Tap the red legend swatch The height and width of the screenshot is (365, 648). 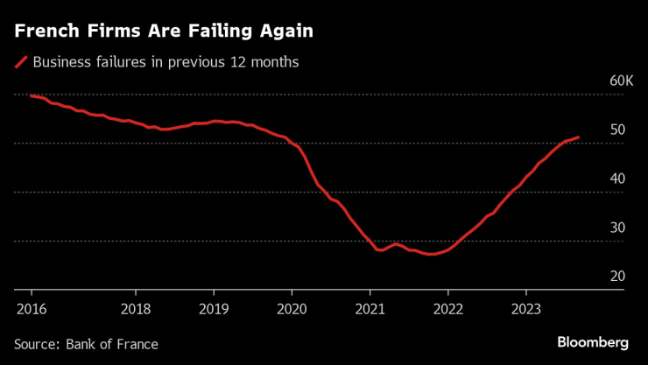(x=21, y=62)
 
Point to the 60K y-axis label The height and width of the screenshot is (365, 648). (x=621, y=81)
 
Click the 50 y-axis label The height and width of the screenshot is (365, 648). (x=617, y=130)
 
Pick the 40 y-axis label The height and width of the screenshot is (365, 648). (x=617, y=179)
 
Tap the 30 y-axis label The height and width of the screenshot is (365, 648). (x=617, y=228)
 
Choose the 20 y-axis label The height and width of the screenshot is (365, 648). (x=617, y=277)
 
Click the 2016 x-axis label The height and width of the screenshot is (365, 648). (x=31, y=307)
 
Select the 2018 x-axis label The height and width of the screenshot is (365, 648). (x=135, y=307)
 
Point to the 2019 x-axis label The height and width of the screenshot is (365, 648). (x=213, y=307)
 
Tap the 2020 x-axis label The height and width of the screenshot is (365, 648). (x=292, y=307)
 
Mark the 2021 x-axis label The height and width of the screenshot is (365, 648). (x=370, y=307)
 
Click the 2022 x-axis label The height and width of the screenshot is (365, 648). (x=447, y=307)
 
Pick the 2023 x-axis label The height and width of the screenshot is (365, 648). (x=525, y=307)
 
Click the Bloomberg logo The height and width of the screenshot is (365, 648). (x=593, y=341)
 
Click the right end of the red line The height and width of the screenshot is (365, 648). (x=579, y=137)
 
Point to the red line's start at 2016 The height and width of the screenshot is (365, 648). (x=31, y=95)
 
